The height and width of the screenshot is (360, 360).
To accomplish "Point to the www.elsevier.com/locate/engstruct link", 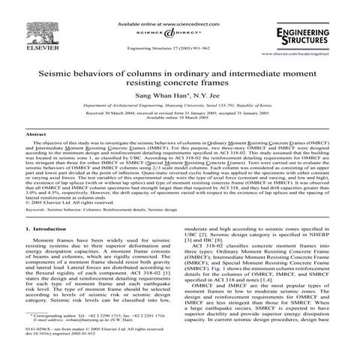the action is [307, 55].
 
